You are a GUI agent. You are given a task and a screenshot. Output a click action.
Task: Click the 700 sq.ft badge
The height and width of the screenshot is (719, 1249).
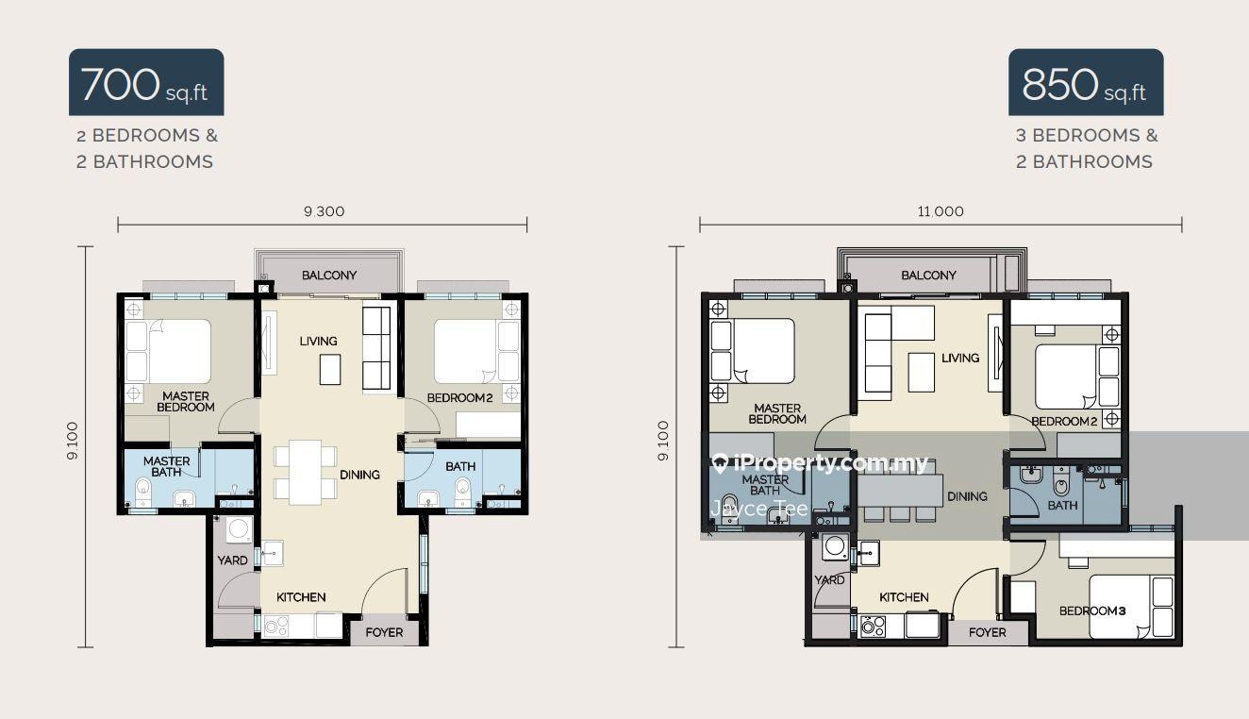click(x=146, y=82)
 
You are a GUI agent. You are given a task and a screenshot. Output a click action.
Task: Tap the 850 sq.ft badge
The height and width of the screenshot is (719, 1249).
click(x=1086, y=82)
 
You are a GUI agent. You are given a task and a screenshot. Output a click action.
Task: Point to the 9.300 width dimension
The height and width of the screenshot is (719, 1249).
click(x=324, y=211)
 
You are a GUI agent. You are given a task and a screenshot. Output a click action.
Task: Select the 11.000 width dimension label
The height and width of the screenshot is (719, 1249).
click(x=941, y=211)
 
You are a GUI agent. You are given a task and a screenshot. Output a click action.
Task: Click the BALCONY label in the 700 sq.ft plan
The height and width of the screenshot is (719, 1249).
click(x=329, y=275)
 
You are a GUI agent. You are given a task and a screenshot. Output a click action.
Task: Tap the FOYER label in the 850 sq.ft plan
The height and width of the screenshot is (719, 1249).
click(x=987, y=632)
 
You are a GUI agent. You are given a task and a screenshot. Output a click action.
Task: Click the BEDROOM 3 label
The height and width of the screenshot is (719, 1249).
click(x=1092, y=610)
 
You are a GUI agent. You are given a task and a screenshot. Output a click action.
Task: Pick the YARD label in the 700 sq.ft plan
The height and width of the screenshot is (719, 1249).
click(x=232, y=560)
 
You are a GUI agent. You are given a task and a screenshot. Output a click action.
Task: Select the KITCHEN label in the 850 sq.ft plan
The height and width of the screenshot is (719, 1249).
click(x=904, y=597)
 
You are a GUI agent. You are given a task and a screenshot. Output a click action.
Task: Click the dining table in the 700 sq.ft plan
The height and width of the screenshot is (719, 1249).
click(x=305, y=473)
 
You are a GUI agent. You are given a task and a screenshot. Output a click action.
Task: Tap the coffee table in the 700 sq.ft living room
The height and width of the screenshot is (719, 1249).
click(x=330, y=370)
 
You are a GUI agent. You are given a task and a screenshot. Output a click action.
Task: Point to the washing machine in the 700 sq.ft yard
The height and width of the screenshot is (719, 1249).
click(x=240, y=528)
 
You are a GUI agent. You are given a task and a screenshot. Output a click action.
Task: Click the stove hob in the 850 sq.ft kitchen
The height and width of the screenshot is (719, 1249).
click(x=873, y=626)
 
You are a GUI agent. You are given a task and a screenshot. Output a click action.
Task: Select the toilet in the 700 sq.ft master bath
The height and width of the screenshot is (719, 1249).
click(x=143, y=492)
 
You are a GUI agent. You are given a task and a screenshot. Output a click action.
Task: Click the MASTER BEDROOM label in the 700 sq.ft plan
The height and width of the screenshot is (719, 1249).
click(x=186, y=402)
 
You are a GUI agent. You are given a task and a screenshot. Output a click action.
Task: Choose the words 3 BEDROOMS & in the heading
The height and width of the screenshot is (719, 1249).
click(x=1087, y=136)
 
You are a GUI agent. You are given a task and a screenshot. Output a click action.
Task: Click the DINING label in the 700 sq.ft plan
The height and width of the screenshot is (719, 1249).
click(x=359, y=475)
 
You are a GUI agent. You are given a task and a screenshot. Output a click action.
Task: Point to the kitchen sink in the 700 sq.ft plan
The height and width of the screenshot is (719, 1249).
click(x=273, y=553)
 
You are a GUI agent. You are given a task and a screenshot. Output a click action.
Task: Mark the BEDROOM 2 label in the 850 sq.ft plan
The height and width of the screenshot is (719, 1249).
click(x=1064, y=422)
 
